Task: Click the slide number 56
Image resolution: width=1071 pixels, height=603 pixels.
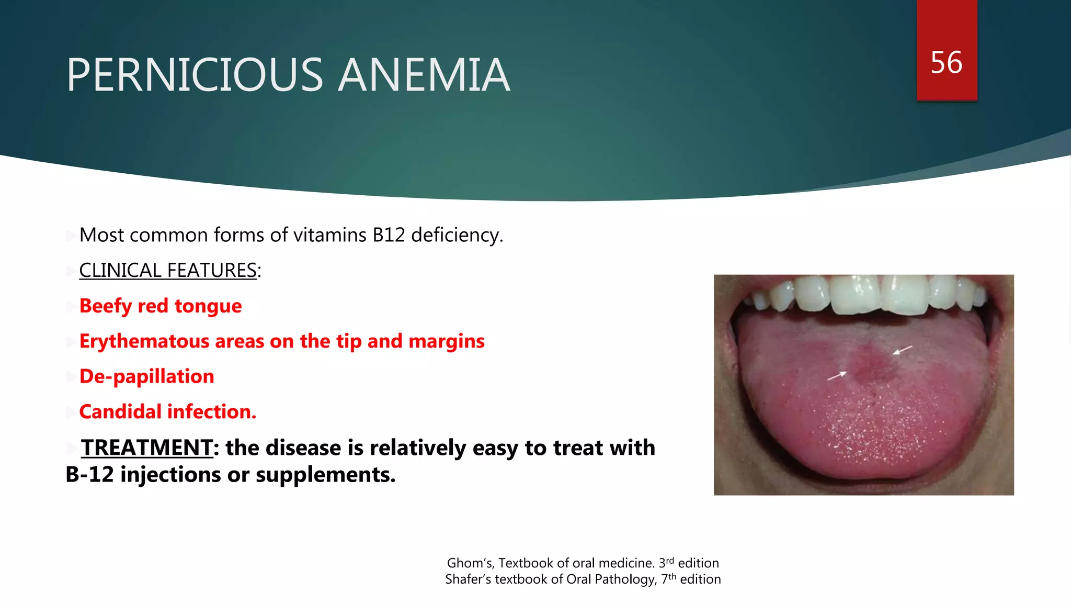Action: tap(946, 63)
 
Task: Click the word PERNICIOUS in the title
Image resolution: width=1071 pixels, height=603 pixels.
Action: tap(195, 75)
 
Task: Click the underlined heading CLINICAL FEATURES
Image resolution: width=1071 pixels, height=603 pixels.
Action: tap(168, 271)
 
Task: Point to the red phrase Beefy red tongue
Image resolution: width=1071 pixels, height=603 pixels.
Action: tap(160, 306)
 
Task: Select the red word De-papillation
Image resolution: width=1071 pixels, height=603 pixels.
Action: tap(146, 376)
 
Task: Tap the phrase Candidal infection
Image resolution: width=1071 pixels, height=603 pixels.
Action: tap(167, 412)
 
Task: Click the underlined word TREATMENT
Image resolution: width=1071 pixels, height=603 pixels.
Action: tap(147, 448)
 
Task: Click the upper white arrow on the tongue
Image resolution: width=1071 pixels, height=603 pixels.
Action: tap(902, 350)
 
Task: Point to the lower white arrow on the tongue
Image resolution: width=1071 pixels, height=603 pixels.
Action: tap(837, 375)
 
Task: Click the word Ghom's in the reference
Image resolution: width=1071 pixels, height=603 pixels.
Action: tap(470, 563)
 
